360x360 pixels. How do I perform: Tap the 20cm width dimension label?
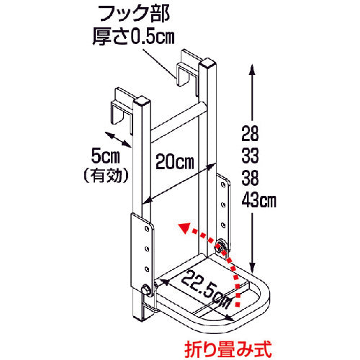pos(176,161)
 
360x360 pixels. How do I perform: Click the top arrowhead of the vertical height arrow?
pos(252,67)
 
